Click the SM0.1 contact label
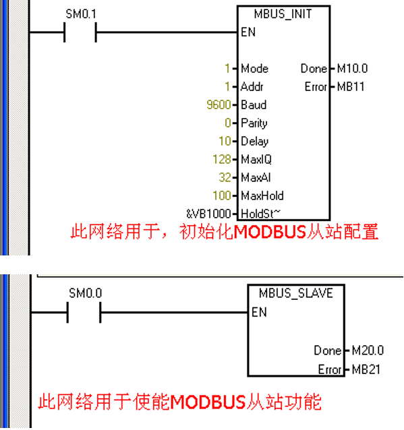click(81, 14)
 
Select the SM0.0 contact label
click(86, 293)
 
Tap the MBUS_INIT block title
click(283, 14)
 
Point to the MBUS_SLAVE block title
click(296, 293)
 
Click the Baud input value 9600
click(219, 104)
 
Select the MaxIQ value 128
click(222, 159)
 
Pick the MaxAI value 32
click(225, 177)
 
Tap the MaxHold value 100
click(222, 195)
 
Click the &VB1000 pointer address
click(208, 214)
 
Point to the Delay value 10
click(225, 142)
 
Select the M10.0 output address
click(352, 69)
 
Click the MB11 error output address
click(351, 87)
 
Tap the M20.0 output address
click(368, 350)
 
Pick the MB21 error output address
click(366, 369)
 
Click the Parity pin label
click(254, 123)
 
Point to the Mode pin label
click(255, 69)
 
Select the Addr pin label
click(252, 87)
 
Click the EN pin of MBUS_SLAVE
click(259, 312)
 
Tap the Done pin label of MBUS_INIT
click(314, 69)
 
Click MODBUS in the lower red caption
click(208, 402)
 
